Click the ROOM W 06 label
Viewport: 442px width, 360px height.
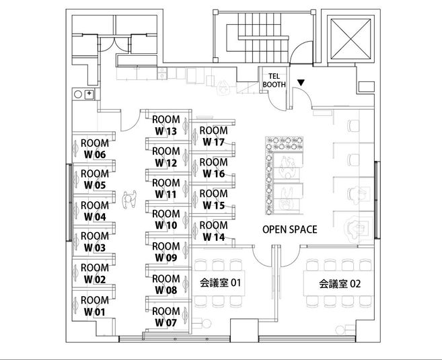[94, 149]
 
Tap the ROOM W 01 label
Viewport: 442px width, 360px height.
[94, 306]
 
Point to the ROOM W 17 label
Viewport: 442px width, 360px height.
[213, 136]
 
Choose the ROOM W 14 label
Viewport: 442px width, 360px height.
[213, 231]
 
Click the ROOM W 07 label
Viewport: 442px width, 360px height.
[166, 317]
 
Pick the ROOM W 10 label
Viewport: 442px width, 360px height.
[166, 219]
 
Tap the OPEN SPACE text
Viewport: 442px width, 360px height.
[289, 229]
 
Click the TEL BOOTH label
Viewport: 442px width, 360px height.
[274, 81]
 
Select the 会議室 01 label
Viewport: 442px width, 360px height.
[220, 283]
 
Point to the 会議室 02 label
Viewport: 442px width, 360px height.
[340, 283]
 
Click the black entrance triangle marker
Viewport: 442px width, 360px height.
[301, 83]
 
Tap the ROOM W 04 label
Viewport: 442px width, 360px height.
[94, 211]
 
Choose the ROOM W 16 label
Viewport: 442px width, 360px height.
[213, 168]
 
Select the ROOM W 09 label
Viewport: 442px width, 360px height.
[166, 252]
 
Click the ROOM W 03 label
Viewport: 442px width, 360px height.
[94, 242]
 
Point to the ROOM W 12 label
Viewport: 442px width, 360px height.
[166, 157]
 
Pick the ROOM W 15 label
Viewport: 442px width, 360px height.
[213, 199]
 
